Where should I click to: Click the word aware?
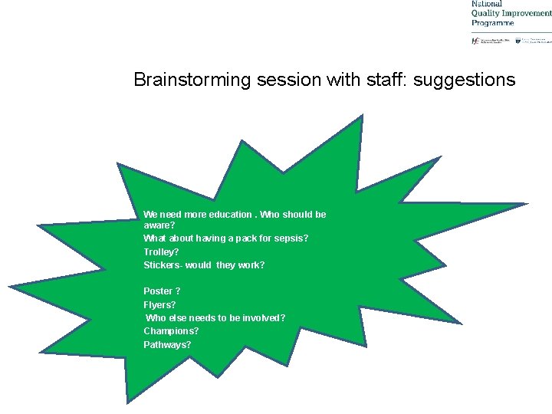[159, 226]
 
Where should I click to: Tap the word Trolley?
[161, 251]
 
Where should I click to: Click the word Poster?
[158, 291]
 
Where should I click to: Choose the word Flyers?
[159, 304]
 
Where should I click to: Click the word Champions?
[171, 331]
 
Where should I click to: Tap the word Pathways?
[167, 344]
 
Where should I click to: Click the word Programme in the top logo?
[492, 23]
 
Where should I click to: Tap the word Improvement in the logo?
[529, 13]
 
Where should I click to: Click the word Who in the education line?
[271, 215]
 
